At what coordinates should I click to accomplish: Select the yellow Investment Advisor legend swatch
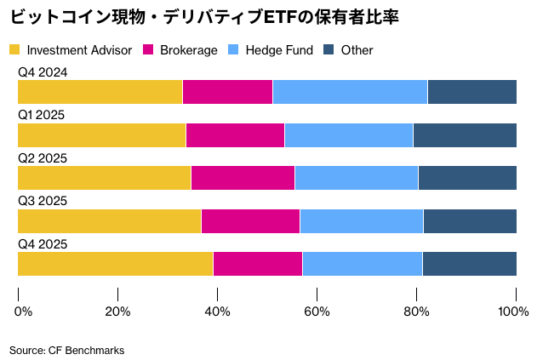[15, 50]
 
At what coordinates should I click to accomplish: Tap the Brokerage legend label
[189, 50]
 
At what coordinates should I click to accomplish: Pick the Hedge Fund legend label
[279, 50]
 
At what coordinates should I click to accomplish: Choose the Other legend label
[357, 50]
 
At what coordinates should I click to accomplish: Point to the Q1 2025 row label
[42, 115]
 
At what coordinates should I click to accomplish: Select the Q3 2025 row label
[43, 201]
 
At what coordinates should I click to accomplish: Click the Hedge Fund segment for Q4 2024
[350, 92]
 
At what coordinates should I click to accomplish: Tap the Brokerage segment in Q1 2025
[235, 135]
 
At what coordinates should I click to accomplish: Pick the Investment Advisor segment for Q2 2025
[104, 178]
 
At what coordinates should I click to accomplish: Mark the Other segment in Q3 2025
[470, 221]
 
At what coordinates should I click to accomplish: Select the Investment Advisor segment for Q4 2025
[115, 264]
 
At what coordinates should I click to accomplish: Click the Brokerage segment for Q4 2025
[258, 264]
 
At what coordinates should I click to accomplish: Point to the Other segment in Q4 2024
[472, 92]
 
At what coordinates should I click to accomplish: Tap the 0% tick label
[24, 311]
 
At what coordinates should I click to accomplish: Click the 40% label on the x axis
[218, 311]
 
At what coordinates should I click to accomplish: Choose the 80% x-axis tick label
[417, 311]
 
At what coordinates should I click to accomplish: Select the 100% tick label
[513, 311]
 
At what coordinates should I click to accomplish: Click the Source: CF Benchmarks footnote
[67, 350]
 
